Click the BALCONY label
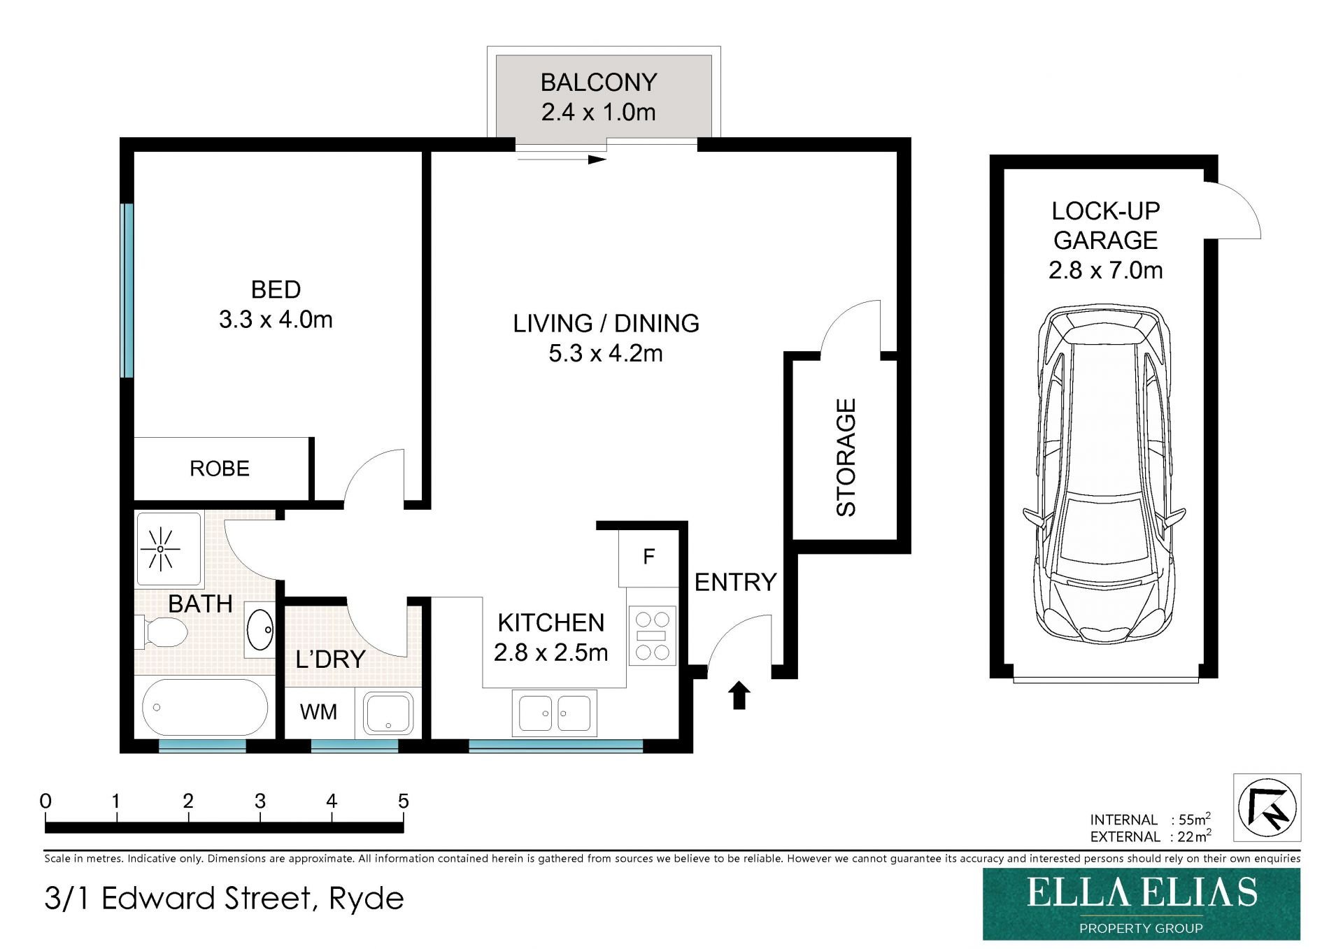tap(599, 83)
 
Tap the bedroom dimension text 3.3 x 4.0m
tap(276, 320)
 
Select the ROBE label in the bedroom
tap(220, 469)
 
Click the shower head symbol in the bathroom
tap(160, 549)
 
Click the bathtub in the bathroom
tap(205, 707)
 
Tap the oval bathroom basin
tap(260, 629)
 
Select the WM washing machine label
tap(318, 712)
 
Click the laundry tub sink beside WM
tap(389, 713)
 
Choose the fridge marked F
tap(648, 557)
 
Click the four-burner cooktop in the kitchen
tap(652, 636)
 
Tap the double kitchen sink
tap(555, 713)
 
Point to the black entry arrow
tap(739, 695)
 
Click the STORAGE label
tap(846, 457)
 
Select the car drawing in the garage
tap(1104, 475)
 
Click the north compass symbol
tap(1267, 808)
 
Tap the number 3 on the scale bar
tap(260, 801)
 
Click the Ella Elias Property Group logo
tap(1142, 904)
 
